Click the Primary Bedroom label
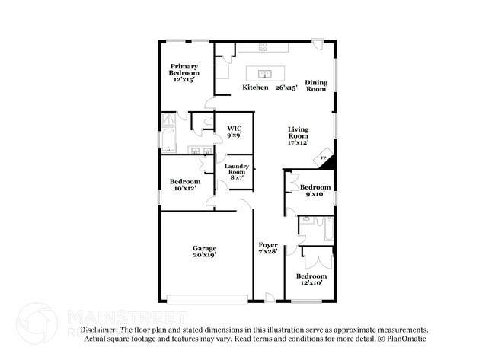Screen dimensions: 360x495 184,72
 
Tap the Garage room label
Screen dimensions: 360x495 204,248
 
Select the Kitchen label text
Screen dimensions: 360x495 255,88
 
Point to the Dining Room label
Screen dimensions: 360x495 316,85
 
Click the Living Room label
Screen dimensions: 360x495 298,135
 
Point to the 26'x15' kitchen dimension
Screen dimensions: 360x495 286,88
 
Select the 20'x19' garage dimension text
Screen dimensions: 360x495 204,256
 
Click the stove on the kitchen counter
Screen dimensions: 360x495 263,47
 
